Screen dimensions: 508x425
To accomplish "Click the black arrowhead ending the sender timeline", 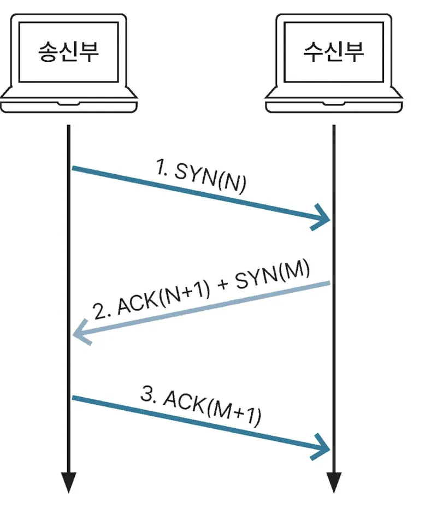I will pos(68,482).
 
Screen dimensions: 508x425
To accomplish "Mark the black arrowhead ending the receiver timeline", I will pos(333,482).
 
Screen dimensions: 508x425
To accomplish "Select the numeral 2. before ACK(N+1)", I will pos(102,312).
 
